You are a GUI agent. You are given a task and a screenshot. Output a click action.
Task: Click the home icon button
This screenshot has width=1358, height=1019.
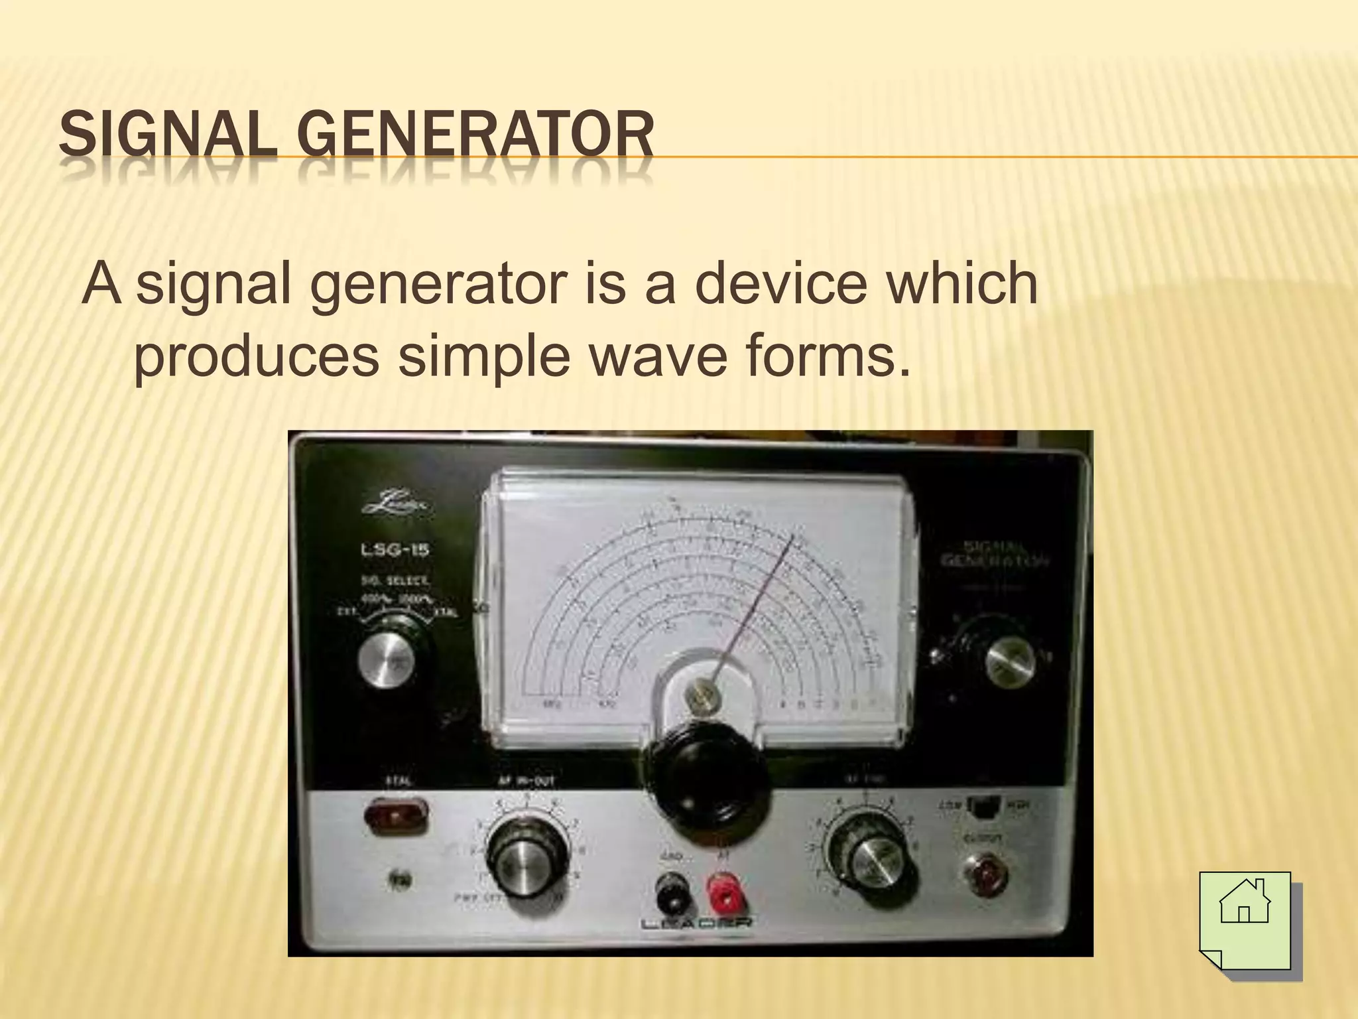1245,919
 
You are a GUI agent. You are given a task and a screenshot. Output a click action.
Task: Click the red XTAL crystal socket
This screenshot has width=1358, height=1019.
396,816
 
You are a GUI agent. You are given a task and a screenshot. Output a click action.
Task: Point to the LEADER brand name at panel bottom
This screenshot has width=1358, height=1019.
696,923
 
